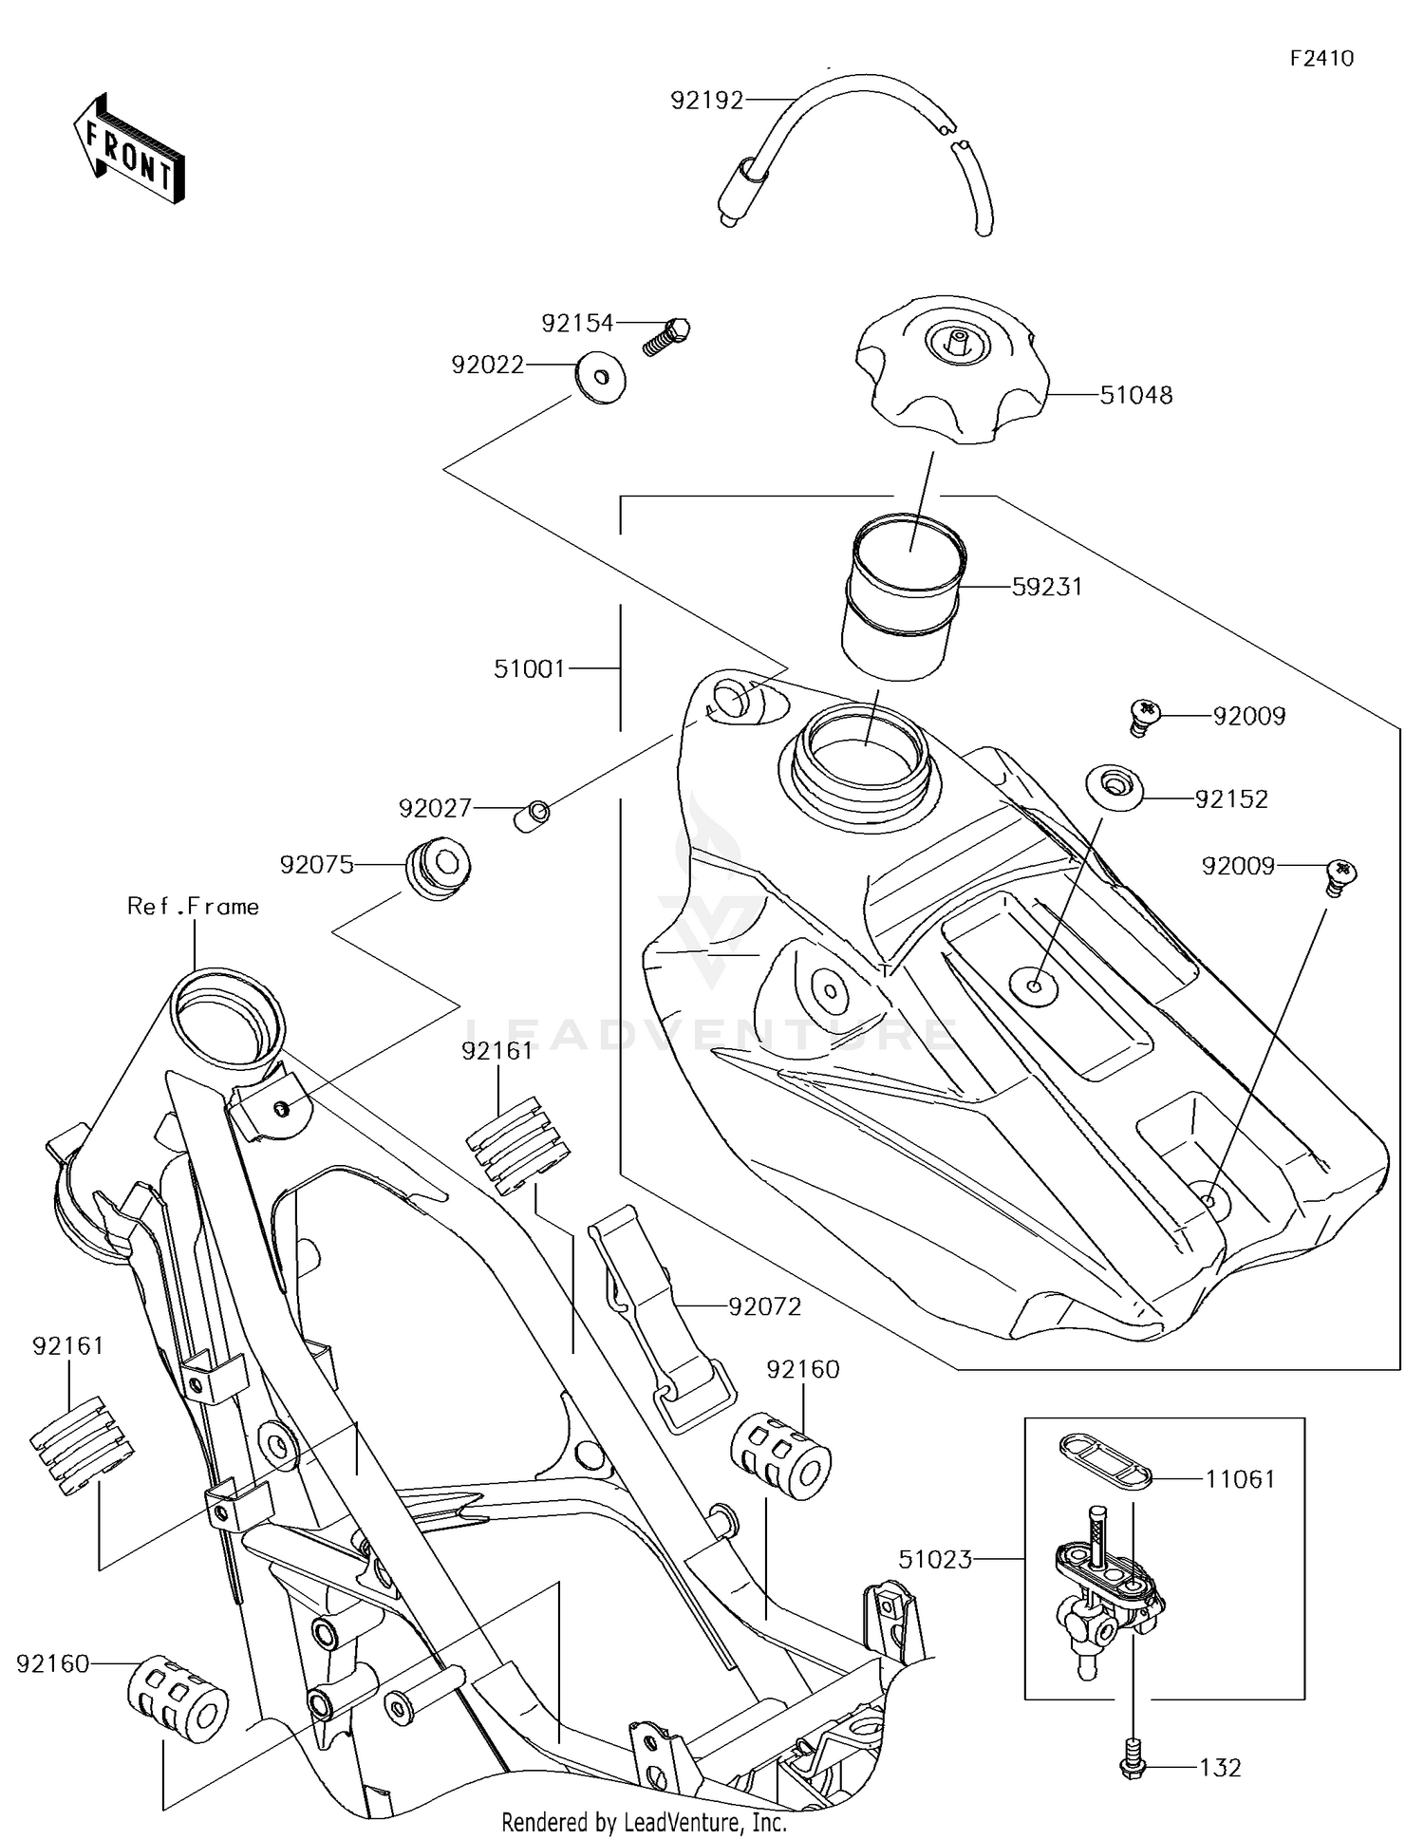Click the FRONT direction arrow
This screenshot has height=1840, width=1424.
click(x=129, y=150)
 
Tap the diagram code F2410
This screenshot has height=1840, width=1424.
click(x=1321, y=59)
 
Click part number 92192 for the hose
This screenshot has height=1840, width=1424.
click(x=706, y=101)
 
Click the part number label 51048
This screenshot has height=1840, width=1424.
click(x=1135, y=395)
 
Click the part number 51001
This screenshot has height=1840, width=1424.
click(x=529, y=669)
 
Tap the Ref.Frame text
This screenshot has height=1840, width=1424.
click(x=193, y=907)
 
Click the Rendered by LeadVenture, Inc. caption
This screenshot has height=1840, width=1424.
click(x=644, y=1822)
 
